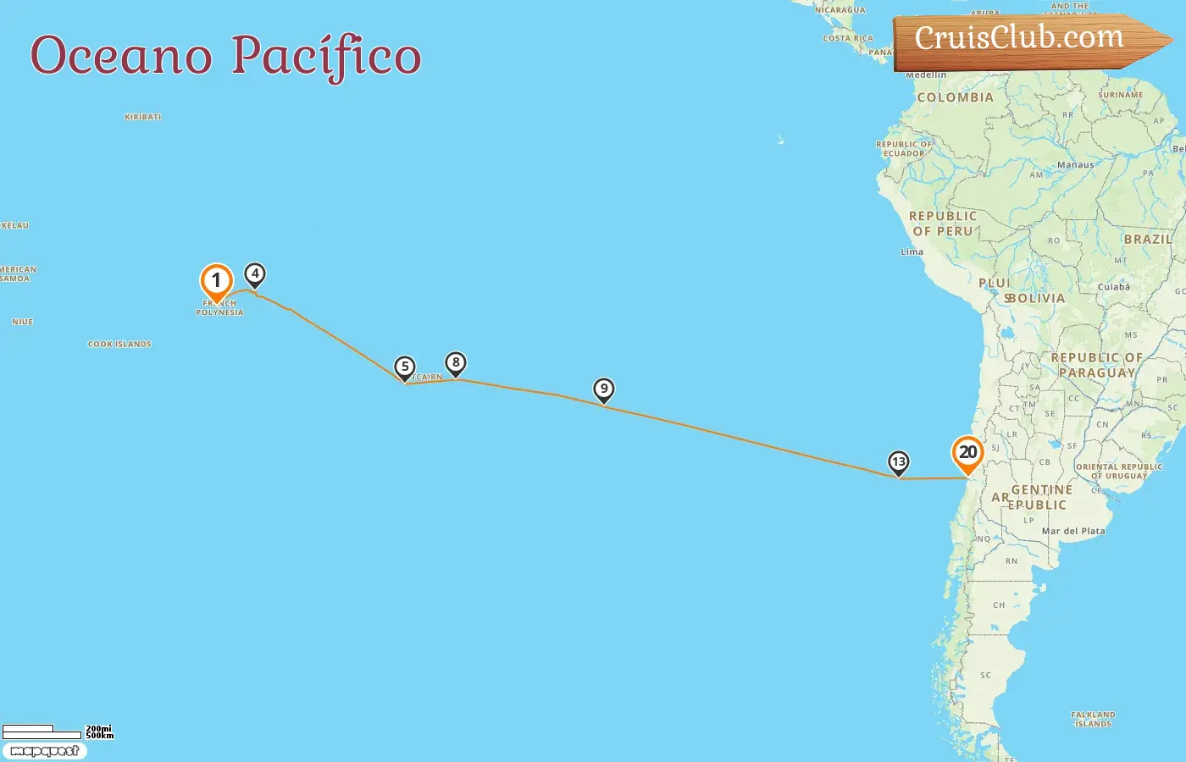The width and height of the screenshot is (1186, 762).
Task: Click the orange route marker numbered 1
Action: tap(216, 281)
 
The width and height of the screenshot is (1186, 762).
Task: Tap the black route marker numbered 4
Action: tap(255, 274)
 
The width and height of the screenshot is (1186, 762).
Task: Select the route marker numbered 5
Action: tap(405, 367)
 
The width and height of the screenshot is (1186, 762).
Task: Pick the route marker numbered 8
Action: tap(456, 363)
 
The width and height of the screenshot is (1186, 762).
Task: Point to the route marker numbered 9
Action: tap(603, 389)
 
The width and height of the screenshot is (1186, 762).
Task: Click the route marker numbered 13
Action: tap(898, 462)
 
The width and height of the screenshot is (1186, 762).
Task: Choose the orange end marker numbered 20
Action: tap(967, 452)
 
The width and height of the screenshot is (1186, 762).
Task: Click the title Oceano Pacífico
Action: tap(225, 56)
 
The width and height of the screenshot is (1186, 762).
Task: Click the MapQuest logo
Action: tap(45, 751)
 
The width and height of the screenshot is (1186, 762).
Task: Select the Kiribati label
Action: tap(142, 117)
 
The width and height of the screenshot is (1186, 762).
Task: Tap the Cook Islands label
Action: tap(119, 345)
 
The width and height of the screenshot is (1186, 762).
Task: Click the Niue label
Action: tap(23, 322)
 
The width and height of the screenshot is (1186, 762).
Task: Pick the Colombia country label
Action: tap(955, 97)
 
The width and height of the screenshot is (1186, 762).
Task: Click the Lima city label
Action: tap(912, 252)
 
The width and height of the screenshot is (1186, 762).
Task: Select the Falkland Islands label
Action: tap(1093, 720)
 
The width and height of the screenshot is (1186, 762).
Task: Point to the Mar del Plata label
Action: tap(1073, 532)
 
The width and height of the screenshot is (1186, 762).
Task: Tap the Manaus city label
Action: tap(1075, 165)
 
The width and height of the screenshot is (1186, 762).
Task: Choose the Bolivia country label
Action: tap(1035, 298)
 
